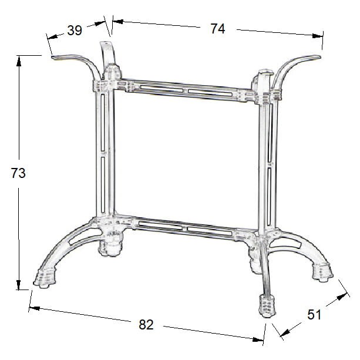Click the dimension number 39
pyautogui.click(x=75, y=31)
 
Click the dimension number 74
pyautogui.click(x=217, y=29)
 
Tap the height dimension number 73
pyautogui.click(x=19, y=173)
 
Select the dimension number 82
pyautogui.click(x=146, y=324)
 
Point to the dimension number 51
pyautogui.click(x=314, y=315)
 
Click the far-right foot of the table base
pyautogui.click(x=321, y=271)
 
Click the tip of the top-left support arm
pyautogui.click(x=53, y=58)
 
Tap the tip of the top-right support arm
pyautogui.click(x=320, y=56)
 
